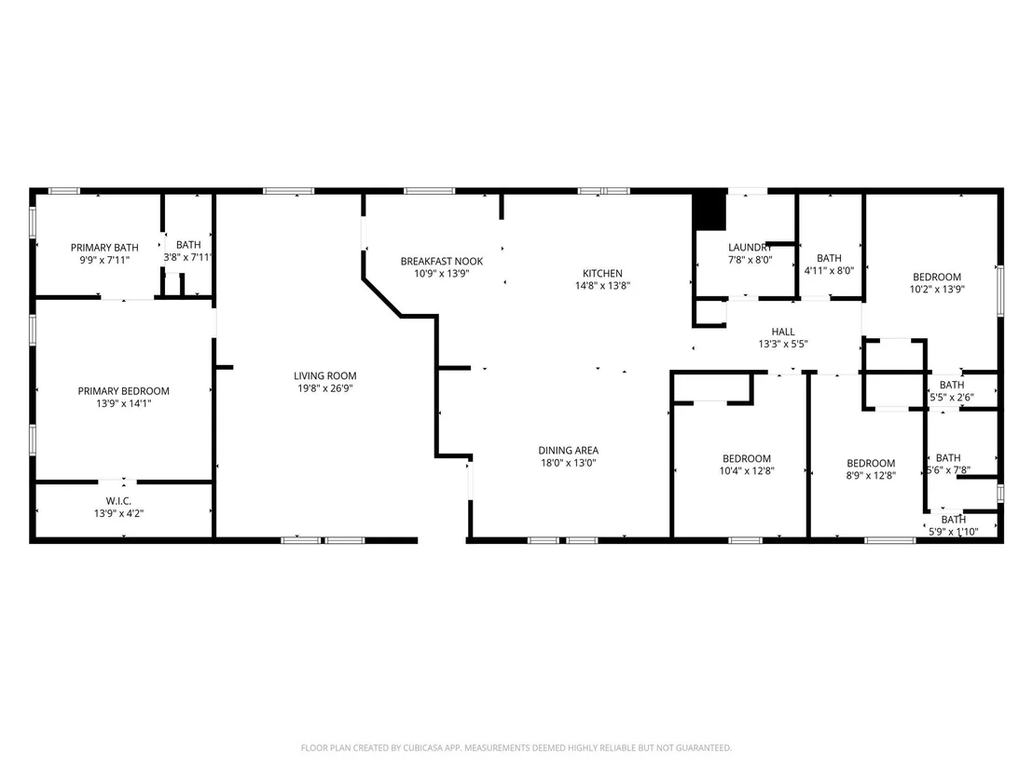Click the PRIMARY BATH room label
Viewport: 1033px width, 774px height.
click(x=104, y=248)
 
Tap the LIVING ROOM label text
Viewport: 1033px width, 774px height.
click(x=324, y=375)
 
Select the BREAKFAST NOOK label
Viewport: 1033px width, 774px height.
click(x=441, y=262)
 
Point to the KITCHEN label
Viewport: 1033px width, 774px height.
click(x=602, y=273)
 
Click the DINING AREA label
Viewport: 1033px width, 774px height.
click(x=568, y=450)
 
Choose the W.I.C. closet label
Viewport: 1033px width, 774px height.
click(x=118, y=501)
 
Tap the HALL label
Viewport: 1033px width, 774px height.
click(x=782, y=332)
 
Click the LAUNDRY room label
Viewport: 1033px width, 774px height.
click(x=750, y=248)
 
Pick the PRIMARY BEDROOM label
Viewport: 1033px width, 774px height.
click(x=123, y=391)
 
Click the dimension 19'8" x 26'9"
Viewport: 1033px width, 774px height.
click(x=324, y=388)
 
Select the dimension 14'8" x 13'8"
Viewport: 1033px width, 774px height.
click(x=602, y=286)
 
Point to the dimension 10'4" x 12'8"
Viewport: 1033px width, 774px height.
click(x=747, y=471)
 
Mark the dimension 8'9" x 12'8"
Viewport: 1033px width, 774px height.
click(x=870, y=475)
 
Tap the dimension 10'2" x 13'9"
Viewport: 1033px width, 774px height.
click(x=937, y=289)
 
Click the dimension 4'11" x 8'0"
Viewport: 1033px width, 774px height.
click(x=829, y=270)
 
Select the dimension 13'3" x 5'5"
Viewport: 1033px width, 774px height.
click(x=782, y=344)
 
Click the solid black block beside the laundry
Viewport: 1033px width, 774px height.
click(x=709, y=210)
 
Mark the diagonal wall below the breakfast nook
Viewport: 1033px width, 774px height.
click(x=381, y=297)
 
